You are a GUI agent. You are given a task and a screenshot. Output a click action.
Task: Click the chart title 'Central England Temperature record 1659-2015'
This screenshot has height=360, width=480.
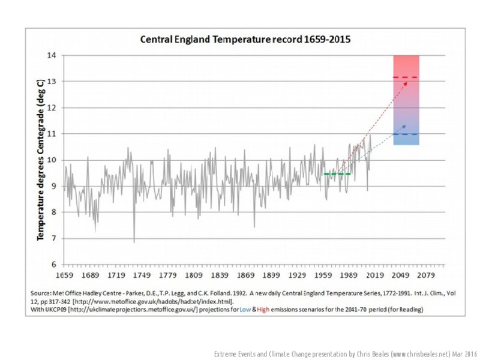[x=245, y=40]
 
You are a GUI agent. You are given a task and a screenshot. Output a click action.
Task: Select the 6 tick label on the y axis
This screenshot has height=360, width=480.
[x=54, y=264]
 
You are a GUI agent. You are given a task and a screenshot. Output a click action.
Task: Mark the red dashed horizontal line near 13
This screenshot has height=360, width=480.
[x=406, y=78]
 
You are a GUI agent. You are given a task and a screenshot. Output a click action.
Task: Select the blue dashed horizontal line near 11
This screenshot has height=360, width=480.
[x=406, y=134]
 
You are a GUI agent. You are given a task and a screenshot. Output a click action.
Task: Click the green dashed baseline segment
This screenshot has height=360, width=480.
[x=337, y=174]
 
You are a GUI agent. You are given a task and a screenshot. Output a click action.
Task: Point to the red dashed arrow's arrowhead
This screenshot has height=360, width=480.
[x=406, y=82]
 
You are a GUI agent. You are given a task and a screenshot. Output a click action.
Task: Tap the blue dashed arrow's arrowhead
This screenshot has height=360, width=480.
[x=405, y=125]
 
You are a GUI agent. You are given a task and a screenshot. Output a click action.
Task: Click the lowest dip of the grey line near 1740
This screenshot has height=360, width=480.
[x=134, y=241]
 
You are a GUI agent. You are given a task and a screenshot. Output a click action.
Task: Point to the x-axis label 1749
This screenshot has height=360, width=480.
[x=143, y=275]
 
